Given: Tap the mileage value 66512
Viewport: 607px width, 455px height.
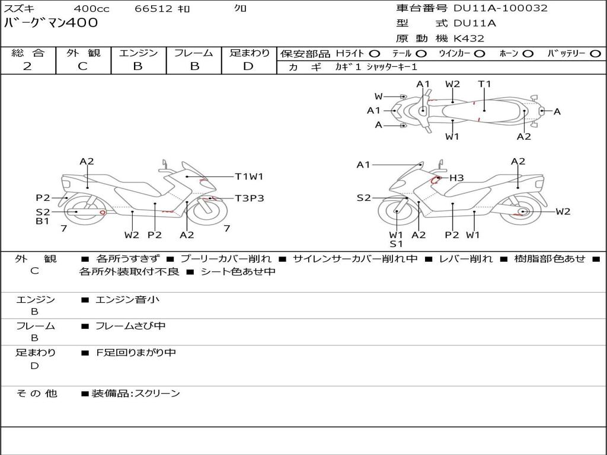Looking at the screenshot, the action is (x=154, y=9).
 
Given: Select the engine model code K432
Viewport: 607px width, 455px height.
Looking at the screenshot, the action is (x=469, y=39).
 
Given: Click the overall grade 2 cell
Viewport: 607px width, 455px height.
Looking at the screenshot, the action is (x=27, y=66).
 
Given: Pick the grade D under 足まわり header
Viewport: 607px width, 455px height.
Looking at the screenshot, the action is (x=248, y=66).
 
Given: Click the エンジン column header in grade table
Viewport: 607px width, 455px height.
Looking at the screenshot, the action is (x=138, y=53).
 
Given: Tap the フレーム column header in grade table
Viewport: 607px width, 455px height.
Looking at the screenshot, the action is (x=193, y=53).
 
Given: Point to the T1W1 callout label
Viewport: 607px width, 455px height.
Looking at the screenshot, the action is (x=249, y=177).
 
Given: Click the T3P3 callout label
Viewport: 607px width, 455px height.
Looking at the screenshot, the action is (x=249, y=198).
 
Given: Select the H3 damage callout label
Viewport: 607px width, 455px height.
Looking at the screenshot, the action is (x=456, y=178).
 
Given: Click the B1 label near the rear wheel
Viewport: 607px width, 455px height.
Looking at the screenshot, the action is (x=42, y=222).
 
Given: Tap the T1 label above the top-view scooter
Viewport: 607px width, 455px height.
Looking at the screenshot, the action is (x=485, y=84).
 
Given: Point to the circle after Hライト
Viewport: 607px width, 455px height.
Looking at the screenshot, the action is (x=375, y=53).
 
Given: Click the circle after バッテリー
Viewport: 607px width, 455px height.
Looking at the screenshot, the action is (x=595, y=53).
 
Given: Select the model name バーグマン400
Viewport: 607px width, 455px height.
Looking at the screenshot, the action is (x=51, y=23).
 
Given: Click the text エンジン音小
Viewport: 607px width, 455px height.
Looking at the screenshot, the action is (x=127, y=300).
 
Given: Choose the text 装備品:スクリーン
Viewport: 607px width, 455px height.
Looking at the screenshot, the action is (x=135, y=393).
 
